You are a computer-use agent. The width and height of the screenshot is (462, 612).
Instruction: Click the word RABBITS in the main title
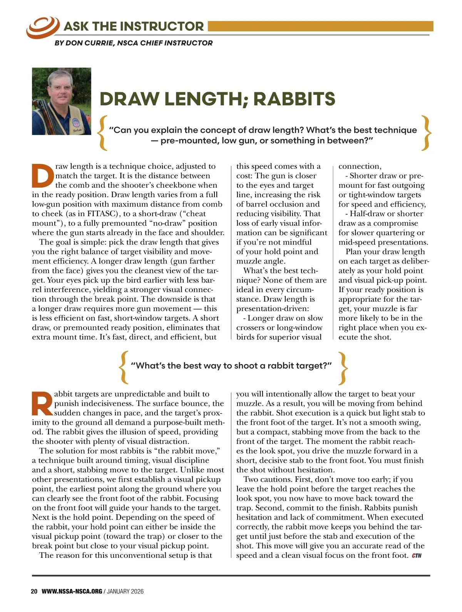click(x=294, y=99)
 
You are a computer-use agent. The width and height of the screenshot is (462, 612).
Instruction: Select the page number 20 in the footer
click(x=34, y=591)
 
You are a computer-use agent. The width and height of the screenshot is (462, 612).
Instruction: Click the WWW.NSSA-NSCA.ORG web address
click(x=72, y=591)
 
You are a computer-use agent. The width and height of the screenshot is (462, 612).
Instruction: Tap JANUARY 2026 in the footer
click(x=125, y=591)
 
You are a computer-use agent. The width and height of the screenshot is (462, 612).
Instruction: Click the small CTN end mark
click(x=417, y=556)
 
